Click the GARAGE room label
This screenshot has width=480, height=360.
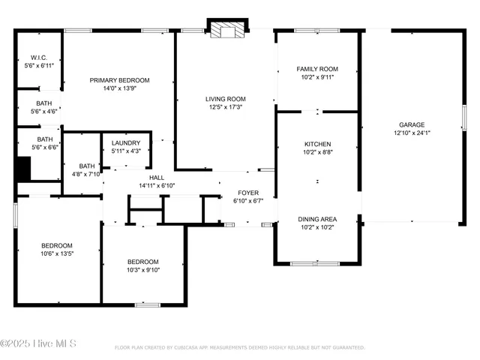pos(412,124)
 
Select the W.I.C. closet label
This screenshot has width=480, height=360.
pos(39,58)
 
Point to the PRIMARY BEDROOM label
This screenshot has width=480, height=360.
pos(119,80)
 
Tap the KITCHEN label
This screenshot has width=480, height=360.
pos(317,144)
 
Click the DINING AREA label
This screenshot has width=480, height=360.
pos(318,219)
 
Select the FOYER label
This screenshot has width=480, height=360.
pos(248,193)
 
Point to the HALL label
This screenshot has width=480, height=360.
pos(156,177)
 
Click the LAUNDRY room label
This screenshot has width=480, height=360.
pos(125,143)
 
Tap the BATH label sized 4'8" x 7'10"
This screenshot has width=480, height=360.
pos(87,166)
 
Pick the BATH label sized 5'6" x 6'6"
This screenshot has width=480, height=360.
pos(45,139)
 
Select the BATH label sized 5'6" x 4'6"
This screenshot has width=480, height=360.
pos(44,103)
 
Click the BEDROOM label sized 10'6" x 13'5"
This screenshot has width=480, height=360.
pos(57,246)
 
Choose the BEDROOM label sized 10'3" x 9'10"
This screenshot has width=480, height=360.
pos(142,262)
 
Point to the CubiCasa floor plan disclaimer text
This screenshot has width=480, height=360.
pos(239,347)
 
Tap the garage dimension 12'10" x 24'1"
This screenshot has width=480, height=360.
pos(412,133)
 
